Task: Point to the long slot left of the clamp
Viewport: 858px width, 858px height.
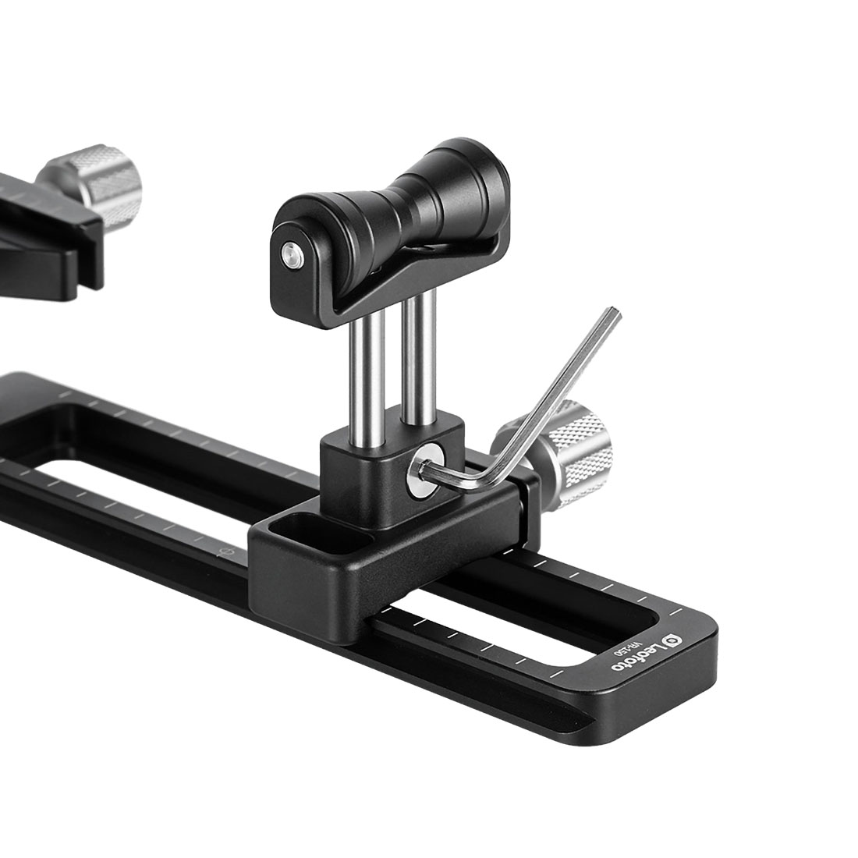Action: (x=117, y=484)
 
